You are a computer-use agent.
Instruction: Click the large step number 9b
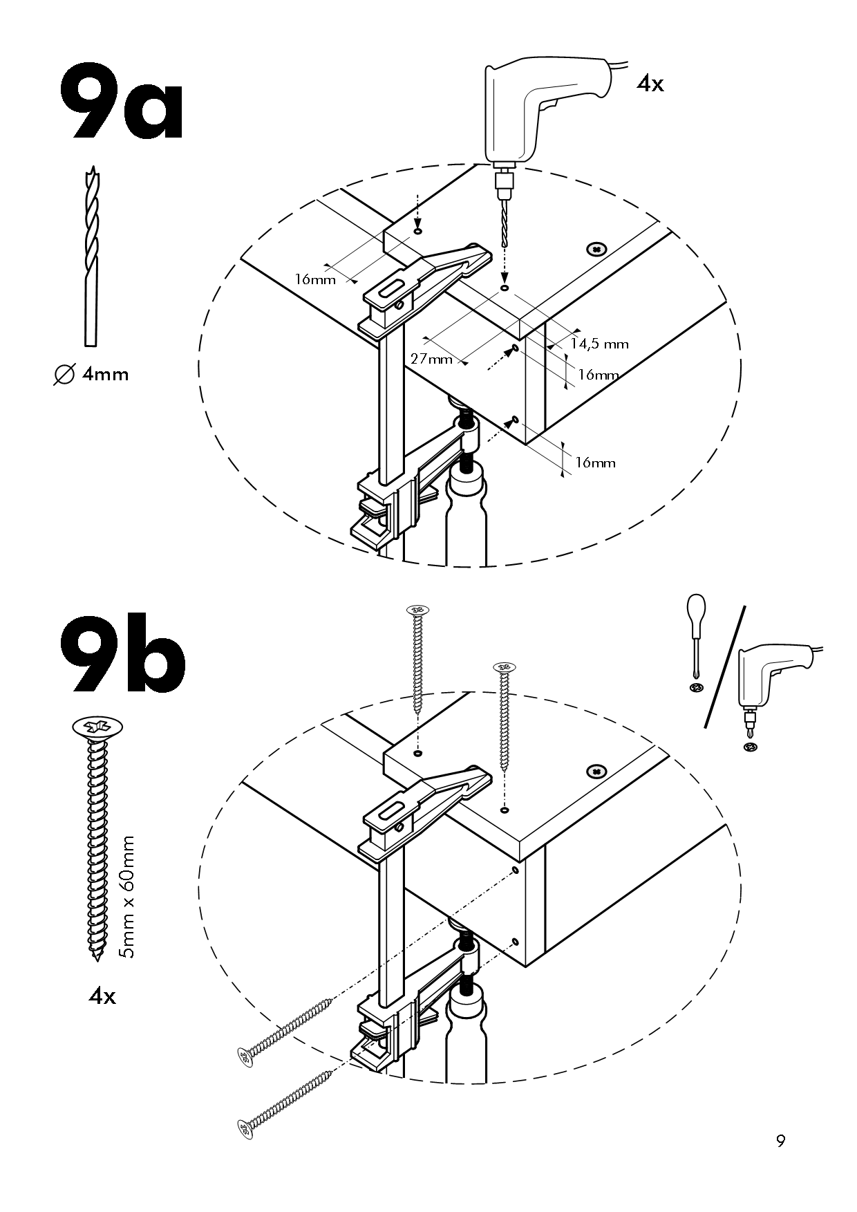(123, 653)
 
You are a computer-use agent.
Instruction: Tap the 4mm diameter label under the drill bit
(91, 375)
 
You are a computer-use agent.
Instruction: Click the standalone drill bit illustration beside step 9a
(91, 256)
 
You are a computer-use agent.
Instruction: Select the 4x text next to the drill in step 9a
(650, 84)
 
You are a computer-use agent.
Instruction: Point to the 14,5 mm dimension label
(599, 344)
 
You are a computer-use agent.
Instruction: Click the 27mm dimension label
(431, 359)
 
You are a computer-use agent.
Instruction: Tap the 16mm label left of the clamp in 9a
(315, 279)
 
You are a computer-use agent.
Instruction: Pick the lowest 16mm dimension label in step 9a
(595, 463)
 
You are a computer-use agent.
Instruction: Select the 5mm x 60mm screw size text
(126, 897)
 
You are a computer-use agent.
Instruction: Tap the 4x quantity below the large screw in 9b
(102, 996)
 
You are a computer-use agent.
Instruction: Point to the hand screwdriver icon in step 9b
(696, 636)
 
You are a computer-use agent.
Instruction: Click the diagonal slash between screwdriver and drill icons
(724, 667)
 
